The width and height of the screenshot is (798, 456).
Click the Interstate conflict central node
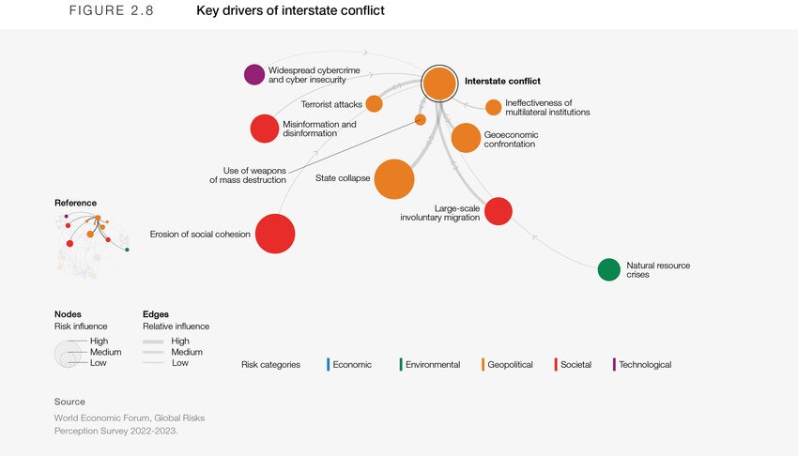tap(438, 84)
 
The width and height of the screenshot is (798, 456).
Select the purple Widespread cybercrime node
tap(254, 74)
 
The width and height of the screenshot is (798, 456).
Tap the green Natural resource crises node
tap(609, 269)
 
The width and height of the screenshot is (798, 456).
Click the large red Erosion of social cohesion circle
tap(275, 234)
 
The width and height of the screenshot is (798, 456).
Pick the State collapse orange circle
tap(394, 178)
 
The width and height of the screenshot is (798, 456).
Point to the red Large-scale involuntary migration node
tap(499, 211)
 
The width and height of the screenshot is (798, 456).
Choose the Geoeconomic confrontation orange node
tap(466, 138)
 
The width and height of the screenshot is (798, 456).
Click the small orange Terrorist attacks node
tap(374, 103)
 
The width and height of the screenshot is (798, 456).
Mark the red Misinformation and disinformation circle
tap(265, 129)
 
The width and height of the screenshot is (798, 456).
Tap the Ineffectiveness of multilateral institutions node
tap(493, 107)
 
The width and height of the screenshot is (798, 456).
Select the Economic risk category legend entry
tap(351, 364)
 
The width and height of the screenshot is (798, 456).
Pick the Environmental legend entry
tap(432, 364)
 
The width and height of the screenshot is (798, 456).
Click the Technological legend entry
tap(644, 364)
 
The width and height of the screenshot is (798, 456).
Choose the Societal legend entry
tap(575, 364)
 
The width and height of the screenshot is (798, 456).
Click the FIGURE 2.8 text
tap(112, 11)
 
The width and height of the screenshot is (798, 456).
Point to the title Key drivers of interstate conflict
tap(290, 11)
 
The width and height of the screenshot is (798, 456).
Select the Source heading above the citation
tap(69, 402)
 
